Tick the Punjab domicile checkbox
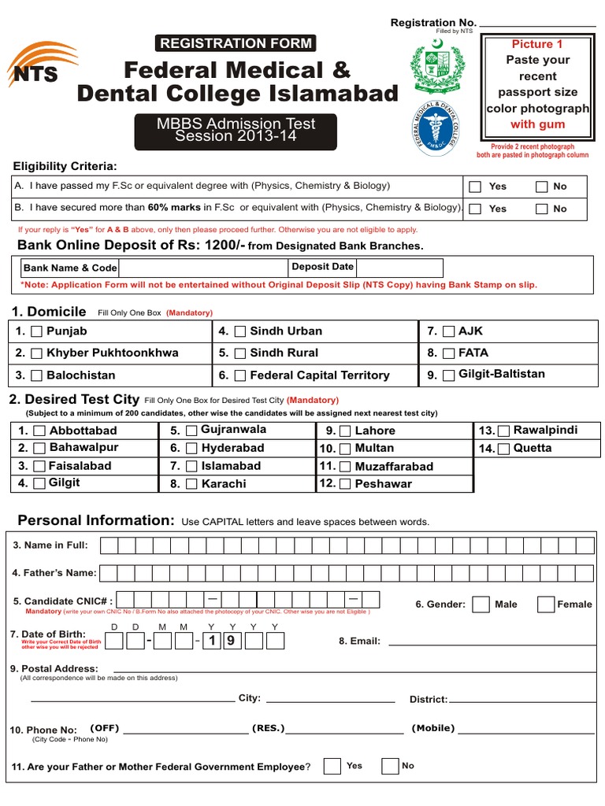(x=36, y=332)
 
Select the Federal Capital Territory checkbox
(x=239, y=375)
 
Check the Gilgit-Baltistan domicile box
(x=448, y=375)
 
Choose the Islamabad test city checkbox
(x=191, y=466)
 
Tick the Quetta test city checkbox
(x=503, y=449)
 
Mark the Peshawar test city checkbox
(x=345, y=484)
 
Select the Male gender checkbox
(x=481, y=604)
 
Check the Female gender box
(x=545, y=604)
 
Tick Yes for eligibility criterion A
(x=475, y=187)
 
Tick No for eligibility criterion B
(x=541, y=209)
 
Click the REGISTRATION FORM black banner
(x=236, y=43)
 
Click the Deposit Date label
(x=322, y=267)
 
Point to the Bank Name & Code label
(x=70, y=268)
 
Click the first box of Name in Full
(x=109, y=545)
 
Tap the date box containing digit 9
(x=231, y=641)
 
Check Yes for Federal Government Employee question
(x=332, y=766)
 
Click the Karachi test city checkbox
(x=191, y=484)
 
